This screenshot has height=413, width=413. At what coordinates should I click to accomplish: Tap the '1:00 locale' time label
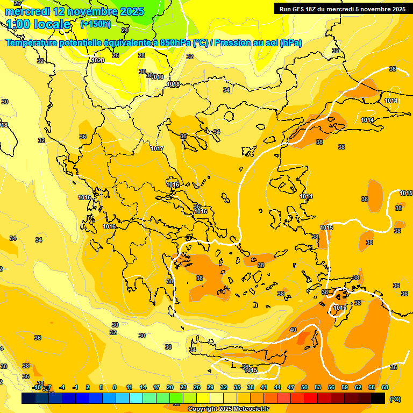(38, 24)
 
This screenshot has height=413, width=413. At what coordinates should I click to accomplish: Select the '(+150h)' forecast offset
(96, 24)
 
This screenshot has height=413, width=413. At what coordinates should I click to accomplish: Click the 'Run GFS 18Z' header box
(342, 9)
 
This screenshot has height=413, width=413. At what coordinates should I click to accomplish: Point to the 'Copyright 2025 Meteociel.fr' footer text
(228, 409)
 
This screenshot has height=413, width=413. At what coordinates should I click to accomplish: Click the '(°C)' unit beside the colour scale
(395, 399)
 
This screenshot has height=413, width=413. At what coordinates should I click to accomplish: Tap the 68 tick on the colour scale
(385, 387)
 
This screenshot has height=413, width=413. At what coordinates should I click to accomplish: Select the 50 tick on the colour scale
(304, 387)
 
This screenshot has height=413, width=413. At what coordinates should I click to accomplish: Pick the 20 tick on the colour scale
(170, 387)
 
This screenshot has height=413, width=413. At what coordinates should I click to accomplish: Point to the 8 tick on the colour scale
(115, 387)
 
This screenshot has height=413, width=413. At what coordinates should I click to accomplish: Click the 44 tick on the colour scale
(277, 387)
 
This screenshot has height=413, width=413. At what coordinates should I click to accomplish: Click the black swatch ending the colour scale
(378, 398)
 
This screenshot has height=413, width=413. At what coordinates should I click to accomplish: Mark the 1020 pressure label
(98, 61)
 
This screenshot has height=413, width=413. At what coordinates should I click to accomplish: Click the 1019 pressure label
(158, 77)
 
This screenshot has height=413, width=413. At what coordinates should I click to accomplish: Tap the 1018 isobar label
(173, 84)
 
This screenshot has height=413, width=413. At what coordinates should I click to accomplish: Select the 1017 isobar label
(157, 148)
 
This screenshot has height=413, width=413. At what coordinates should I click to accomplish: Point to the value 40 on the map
(293, 330)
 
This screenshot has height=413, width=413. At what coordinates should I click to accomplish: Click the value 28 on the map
(141, 55)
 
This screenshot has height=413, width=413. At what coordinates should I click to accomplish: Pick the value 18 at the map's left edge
(4, 125)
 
